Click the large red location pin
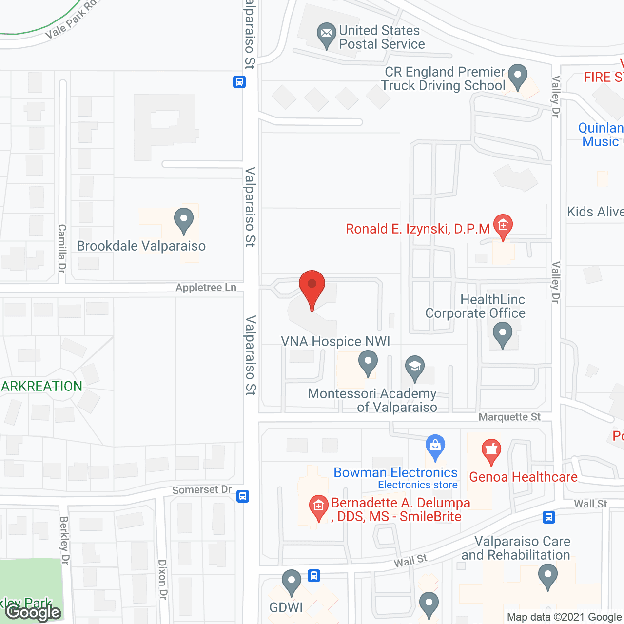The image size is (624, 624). pos(312,288)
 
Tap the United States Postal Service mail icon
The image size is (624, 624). pos(327,34)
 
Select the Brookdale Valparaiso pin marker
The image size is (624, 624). pos(184,220)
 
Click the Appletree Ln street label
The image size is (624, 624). pos(206,288)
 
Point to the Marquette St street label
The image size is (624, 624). pos(509,417)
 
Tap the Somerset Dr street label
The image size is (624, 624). pos(202,489)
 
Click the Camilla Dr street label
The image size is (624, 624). pos(62,249)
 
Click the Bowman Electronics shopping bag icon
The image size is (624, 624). pos(435,446)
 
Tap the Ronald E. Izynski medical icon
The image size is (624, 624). pos(503,226)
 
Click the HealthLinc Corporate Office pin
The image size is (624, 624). pos(503,335)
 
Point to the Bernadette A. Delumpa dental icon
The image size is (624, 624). pos(319,507)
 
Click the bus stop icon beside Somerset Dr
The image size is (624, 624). pos(243,496)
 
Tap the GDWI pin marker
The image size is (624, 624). pos(292,581)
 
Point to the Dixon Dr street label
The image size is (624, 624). pos(162,579)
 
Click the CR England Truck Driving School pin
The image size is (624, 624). pos(518,76)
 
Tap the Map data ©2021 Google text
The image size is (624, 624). pos(564,617)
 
